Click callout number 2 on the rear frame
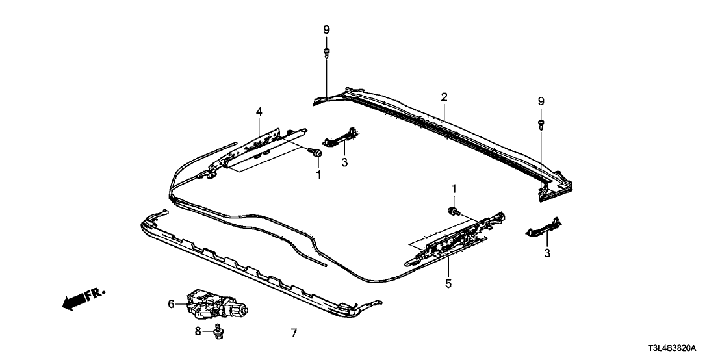[x=444, y=97]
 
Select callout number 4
[x=259, y=112]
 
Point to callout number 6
[x=172, y=303]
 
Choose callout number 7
[x=293, y=333]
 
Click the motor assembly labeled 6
[x=214, y=305]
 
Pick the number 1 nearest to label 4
[x=318, y=174]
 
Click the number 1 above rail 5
[x=454, y=188]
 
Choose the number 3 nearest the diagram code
[x=546, y=253]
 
